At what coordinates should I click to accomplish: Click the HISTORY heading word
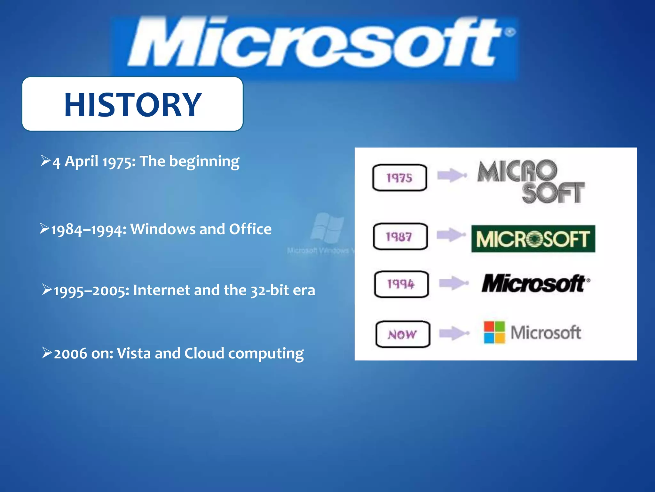coord(133,104)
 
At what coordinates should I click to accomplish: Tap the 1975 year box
coord(400,178)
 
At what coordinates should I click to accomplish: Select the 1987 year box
coord(400,237)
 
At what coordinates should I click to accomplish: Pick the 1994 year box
coord(401,284)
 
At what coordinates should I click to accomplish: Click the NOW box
coord(403,334)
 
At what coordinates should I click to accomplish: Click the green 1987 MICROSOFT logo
coord(533,239)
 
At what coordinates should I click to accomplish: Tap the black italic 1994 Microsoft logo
coord(535,283)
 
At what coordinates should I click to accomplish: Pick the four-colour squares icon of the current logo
coord(494,332)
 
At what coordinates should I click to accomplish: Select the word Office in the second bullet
coord(250,229)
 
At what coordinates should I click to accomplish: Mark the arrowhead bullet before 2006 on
coord(47,353)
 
